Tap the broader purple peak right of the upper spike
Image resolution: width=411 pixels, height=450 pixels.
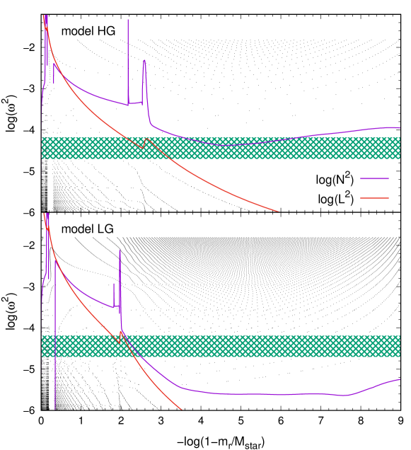click(144, 62)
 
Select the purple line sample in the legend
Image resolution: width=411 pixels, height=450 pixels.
click(374, 179)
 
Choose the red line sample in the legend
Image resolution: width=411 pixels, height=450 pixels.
click(374, 198)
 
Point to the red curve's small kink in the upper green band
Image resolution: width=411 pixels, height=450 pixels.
click(144, 146)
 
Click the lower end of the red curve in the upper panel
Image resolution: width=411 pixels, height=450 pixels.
click(278, 211)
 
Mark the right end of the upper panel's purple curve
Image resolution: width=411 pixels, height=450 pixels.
click(399, 128)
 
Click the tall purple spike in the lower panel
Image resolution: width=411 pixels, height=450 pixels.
click(120, 251)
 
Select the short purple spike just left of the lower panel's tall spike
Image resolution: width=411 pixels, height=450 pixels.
click(113, 284)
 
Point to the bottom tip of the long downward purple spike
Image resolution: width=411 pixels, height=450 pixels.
click(55, 408)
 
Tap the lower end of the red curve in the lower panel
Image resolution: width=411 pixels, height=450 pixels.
click(181, 409)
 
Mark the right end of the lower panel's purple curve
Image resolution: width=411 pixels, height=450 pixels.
click(399, 379)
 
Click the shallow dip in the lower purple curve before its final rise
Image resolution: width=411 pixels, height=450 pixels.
click(347, 395)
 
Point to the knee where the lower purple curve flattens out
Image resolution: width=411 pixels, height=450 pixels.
click(181, 387)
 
